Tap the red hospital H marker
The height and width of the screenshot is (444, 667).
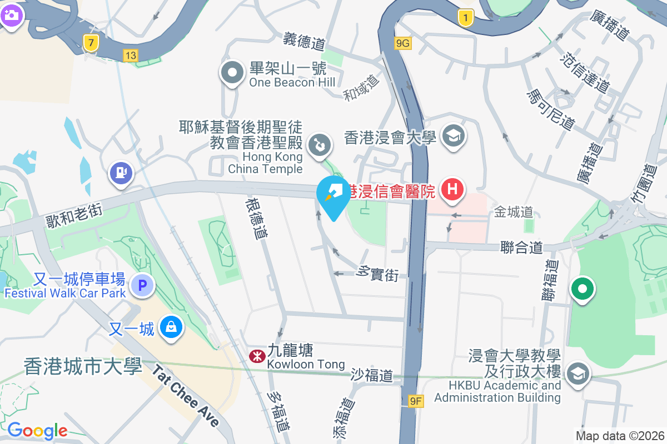[452, 189]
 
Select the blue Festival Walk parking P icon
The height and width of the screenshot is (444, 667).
[142, 286]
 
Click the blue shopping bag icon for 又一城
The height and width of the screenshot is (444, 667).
[171, 327]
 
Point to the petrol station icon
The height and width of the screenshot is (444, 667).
[121, 173]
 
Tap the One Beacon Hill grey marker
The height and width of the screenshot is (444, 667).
[232, 73]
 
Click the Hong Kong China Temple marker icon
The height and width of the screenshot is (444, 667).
[320, 146]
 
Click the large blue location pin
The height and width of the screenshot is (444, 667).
[333, 196]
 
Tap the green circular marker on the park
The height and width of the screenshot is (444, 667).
[582, 289]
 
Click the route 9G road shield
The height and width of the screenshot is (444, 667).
[403, 43]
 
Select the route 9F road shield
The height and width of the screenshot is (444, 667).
[415, 401]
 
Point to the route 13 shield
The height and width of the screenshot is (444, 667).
[131, 55]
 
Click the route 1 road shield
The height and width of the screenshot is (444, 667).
[466, 18]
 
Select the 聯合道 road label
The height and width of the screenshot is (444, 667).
[521, 247]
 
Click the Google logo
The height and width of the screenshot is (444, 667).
[37, 430]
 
